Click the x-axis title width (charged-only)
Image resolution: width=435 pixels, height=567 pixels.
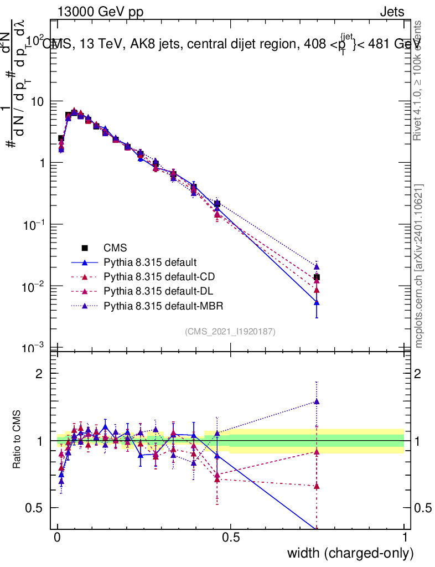point(350,553)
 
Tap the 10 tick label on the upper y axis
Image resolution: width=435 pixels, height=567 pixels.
point(38,101)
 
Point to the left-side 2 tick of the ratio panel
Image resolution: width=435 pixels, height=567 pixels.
point(39,374)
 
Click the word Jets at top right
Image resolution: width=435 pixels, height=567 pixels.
point(391,12)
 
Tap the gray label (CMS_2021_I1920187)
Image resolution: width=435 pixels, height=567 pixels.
point(230,331)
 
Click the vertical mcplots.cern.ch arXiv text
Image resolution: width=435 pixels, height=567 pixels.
point(419,266)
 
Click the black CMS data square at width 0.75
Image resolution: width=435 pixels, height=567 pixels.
point(317,277)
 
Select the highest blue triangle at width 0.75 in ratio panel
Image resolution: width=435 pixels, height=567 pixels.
point(317,401)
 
